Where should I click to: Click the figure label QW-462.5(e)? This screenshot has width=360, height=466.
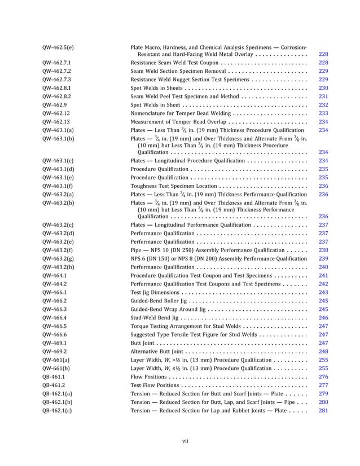click(58, 47)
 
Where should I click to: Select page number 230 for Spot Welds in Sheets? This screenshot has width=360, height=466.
click(323, 89)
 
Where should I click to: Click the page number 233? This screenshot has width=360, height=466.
click(323, 113)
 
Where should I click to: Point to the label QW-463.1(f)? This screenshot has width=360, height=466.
click(57, 186)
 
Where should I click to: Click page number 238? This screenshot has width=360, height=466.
click(323, 250)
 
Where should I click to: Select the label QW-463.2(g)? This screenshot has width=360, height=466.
click(58, 258)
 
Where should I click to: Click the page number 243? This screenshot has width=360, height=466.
click(323, 292)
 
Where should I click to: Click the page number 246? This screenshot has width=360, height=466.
click(323, 318)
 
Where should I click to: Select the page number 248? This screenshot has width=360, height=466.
click(323, 351)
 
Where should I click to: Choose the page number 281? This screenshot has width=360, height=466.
click(323, 410)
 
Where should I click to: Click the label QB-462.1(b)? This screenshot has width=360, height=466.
click(57, 402)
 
